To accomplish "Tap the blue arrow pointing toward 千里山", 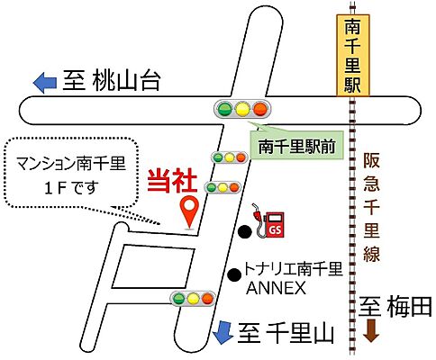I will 222,333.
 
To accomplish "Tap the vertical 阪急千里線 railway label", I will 372,207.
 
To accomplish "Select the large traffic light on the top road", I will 242,110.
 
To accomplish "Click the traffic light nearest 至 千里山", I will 191,298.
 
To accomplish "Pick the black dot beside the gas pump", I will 244,232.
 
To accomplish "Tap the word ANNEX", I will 277,289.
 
